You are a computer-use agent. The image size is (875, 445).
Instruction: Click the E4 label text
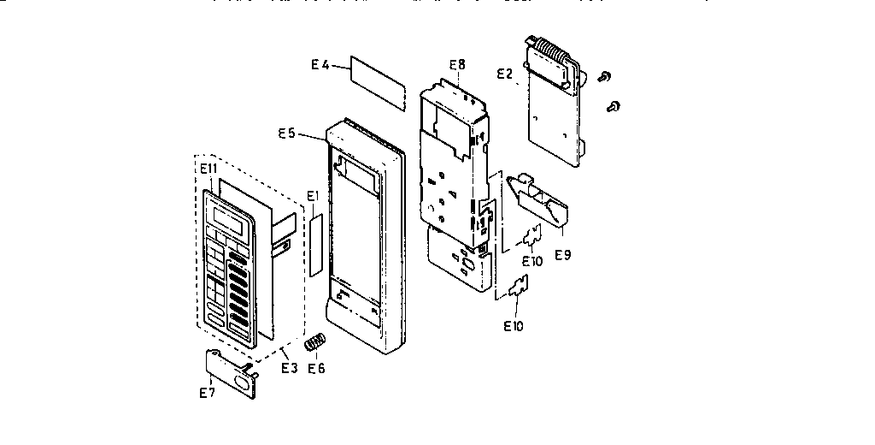[x=320, y=64]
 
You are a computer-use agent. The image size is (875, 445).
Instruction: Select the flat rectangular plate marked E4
[x=377, y=80]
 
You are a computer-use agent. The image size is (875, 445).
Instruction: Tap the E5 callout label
[x=287, y=133]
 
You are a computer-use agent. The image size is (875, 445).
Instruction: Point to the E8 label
[x=457, y=64]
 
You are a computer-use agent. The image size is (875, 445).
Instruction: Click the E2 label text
[x=505, y=74]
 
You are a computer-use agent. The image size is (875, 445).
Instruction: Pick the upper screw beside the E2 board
[x=605, y=77]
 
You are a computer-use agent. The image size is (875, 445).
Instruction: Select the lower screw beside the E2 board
[x=613, y=106]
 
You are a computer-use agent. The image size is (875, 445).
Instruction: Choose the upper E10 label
[x=531, y=261]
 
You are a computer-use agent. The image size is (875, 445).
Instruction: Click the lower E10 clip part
[x=519, y=290]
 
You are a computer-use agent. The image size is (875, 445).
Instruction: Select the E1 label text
[x=313, y=196]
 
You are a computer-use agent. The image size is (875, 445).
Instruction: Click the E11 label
[x=208, y=169]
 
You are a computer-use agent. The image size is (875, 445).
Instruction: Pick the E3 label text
[x=289, y=368]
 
